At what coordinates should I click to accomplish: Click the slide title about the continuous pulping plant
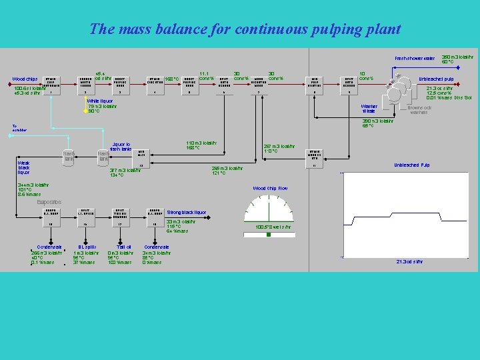pos(245,29)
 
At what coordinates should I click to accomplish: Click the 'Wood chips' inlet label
pos(25,79)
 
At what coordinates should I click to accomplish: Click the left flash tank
pos(67,156)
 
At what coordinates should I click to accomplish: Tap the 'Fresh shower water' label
pos(414,59)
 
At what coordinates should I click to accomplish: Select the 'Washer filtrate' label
pos(369,109)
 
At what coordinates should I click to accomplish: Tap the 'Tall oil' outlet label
pos(123,247)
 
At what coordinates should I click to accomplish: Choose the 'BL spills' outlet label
pos(87,247)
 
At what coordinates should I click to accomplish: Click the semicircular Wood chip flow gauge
pos(271,209)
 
